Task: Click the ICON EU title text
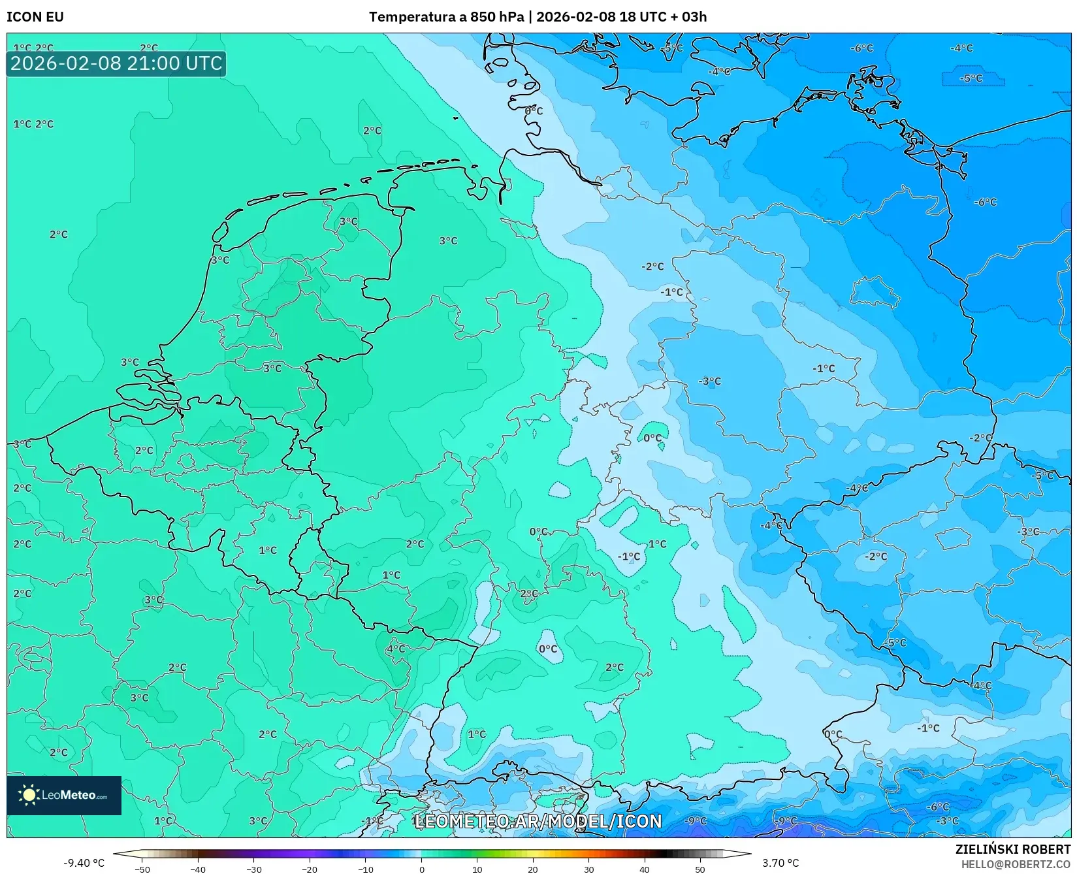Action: (35, 17)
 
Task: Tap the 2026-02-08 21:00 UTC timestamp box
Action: (116, 63)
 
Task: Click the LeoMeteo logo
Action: (64, 795)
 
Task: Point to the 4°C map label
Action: (396, 649)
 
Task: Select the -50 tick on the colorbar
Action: (142, 869)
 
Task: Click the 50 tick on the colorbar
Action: (700, 869)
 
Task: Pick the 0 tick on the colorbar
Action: (421, 869)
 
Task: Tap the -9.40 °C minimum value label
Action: (84, 863)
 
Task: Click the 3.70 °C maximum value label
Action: (780, 863)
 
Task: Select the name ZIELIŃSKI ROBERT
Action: (1013, 849)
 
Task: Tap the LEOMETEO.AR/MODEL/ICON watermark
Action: (538, 821)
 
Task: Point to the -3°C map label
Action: (710, 381)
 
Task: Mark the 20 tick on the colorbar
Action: (533, 869)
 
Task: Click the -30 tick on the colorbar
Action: (254, 869)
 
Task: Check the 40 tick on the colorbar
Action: (645, 869)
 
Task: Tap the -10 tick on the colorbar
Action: (366, 869)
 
